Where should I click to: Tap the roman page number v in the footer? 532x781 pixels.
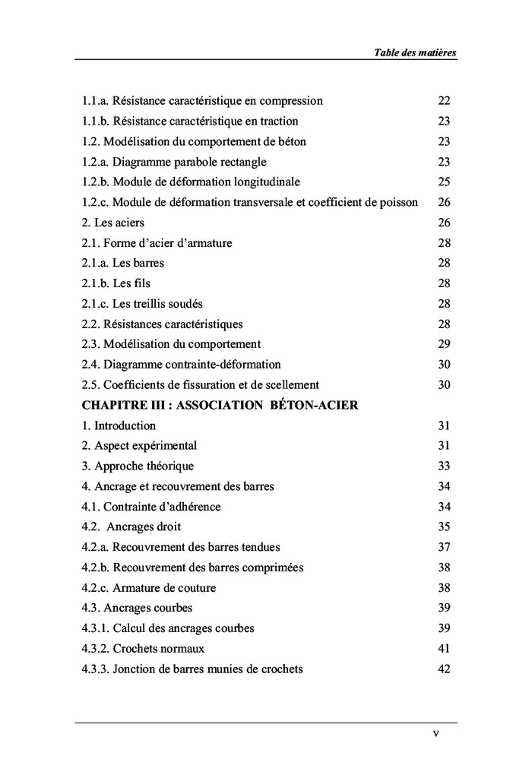pos(435,733)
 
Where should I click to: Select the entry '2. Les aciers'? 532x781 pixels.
pos(112,223)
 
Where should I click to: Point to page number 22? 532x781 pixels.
pos(445,101)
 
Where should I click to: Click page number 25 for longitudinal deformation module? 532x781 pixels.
pos(445,182)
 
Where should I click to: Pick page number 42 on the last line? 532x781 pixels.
pos(445,669)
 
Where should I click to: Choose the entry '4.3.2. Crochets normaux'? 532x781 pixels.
pos(143,649)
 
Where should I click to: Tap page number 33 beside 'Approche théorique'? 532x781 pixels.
pos(445,466)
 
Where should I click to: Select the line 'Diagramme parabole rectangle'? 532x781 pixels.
pos(174,162)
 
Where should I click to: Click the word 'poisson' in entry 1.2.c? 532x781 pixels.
pos(398,202)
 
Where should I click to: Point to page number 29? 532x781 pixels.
pos(445,344)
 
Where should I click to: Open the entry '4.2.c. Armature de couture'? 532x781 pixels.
pos(148,587)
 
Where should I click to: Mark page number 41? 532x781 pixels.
pos(445,649)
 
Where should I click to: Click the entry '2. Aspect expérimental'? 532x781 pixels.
pos(139,445)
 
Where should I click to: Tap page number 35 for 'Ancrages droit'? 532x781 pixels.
pos(445,526)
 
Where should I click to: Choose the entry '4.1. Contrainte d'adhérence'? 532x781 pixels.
pos(151,506)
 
